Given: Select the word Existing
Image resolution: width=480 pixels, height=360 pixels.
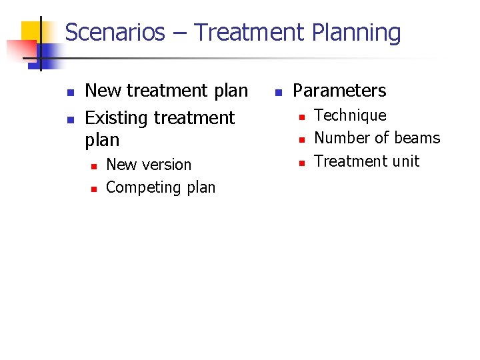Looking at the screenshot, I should tap(116, 118).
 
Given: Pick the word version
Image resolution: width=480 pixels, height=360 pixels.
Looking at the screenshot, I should tap(169, 165).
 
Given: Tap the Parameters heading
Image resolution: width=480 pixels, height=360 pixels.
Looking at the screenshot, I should tap(339, 91).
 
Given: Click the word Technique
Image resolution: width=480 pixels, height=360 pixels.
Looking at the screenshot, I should tap(350, 115).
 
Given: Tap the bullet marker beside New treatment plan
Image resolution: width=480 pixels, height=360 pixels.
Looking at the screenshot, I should tap(70, 91).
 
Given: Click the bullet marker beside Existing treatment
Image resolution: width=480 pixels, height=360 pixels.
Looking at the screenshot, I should tap(70, 119).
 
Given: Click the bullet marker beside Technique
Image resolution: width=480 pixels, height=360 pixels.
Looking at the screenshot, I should tap(301, 117).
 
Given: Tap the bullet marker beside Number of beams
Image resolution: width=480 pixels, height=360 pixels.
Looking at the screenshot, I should tap(301, 139).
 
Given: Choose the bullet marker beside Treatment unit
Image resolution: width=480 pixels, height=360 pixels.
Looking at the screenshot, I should tap(301, 162).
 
